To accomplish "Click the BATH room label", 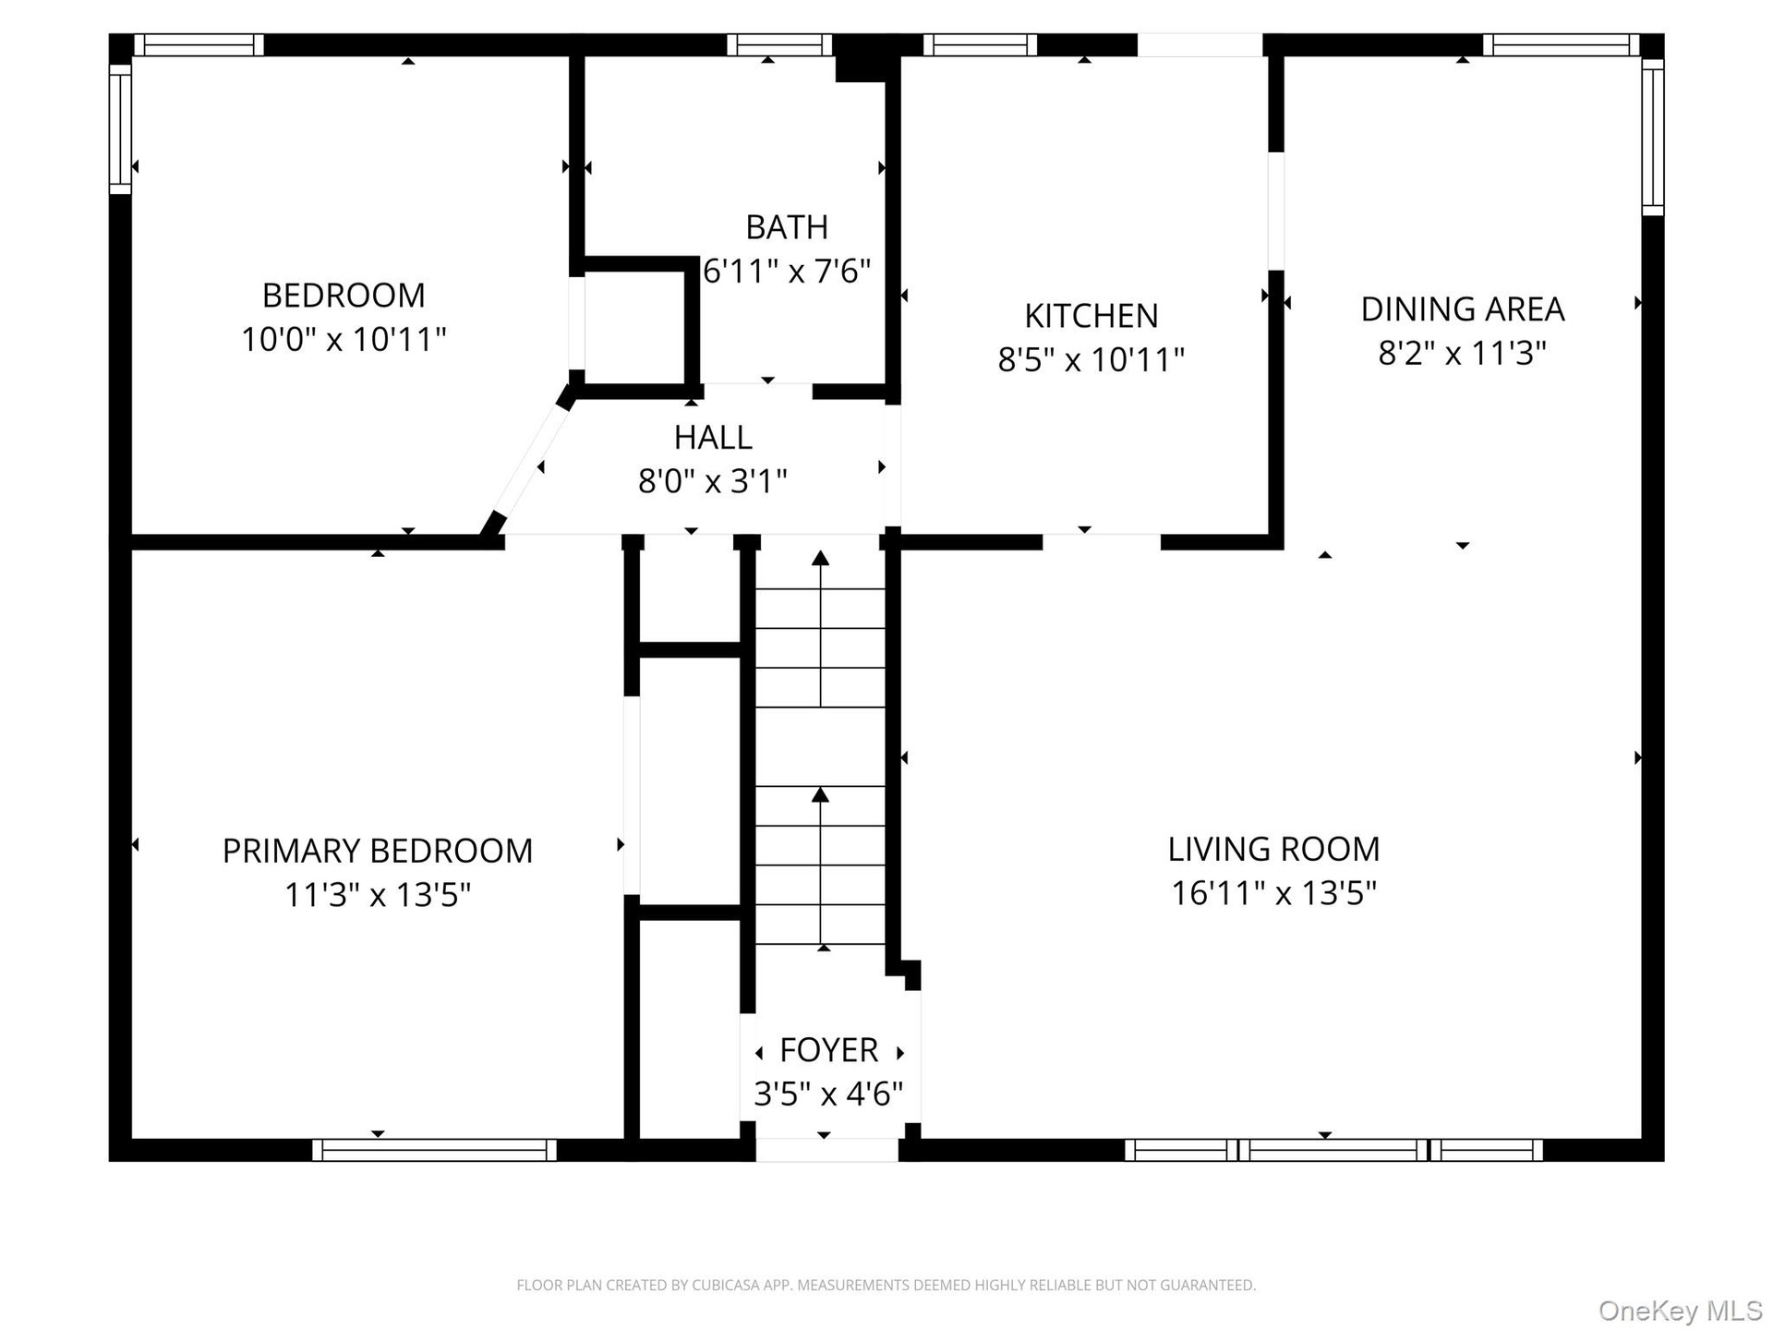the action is pyautogui.click(x=787, y=227).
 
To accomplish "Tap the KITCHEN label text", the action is pyautogui.click(x=1092, y=316).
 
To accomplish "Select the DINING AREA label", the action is pyautogui.click(x=1463, y=309).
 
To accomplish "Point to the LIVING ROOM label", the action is pyautogui.click(x=1274, y=849).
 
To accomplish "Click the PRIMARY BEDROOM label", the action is pyautogui.click(x=378, y=851).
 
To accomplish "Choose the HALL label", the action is pyautogui.click(x=713, y=437).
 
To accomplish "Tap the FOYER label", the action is pyautogui.click(x=828, y=1050).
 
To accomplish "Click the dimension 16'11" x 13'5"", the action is pyautogui.click(x=1274, y=893).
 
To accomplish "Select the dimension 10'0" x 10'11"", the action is pyautogui.click(x=344, y=339).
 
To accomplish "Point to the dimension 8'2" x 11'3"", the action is pyautogui.click(x=1463, y=353).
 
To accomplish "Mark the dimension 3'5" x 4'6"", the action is pyautogui.click(x=828, y=1094).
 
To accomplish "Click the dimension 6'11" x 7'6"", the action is pyautogui.click(x=787, y=272).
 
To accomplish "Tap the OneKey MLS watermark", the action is pyautogui.click(x=1681, y=1311).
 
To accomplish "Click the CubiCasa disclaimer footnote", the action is pyautogui.click(x=886, y=1285).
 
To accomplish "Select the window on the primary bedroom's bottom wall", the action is pyautogui.click(x=434, y=1150).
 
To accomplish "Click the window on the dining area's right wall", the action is pyautogui.click(x=1653, y=137).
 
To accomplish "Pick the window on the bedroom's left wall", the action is pyautogui.click(x=121, y=129).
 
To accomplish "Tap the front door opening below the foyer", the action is pyautogui.click(x=827, y=1150).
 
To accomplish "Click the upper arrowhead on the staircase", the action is pyautogui.click(x=820, y=558).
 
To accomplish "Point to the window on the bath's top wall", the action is pyautogui.click(x=780, y=45).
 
